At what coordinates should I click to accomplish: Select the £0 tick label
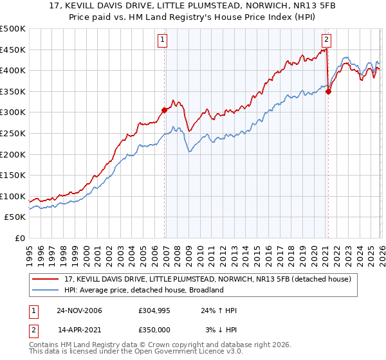[19, 239]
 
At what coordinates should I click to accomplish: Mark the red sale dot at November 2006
[165, 110]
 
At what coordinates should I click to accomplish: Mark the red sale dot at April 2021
[328, 91]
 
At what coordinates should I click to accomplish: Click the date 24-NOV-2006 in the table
[79, 310]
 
